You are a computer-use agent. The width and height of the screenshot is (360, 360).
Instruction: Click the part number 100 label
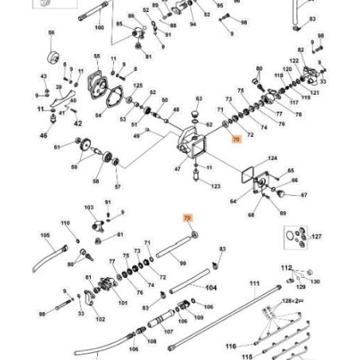coord(99,28)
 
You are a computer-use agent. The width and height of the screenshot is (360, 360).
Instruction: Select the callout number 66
coord(52,33)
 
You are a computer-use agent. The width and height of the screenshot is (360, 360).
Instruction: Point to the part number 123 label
coord(216,186)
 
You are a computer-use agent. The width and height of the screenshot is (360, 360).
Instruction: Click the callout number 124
coord(272,158)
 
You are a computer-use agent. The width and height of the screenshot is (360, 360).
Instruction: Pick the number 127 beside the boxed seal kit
coord(316,237)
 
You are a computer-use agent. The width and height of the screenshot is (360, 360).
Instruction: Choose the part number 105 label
coord(45,235)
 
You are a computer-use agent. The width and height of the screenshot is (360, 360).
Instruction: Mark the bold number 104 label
coord(211,287)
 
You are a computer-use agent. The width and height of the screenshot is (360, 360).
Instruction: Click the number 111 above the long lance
coord(254,284)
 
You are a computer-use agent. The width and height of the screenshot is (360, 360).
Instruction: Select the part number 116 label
coord(230,346)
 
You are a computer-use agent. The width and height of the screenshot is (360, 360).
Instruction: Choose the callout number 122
coord(294,61)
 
